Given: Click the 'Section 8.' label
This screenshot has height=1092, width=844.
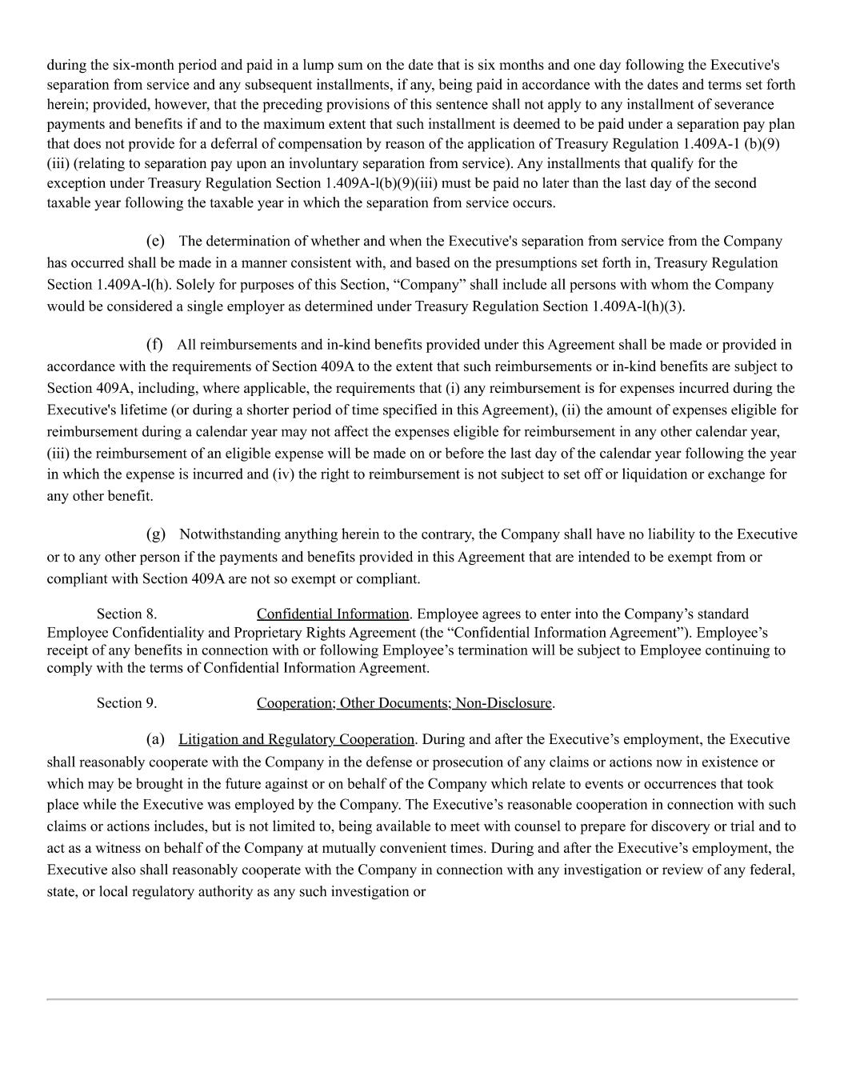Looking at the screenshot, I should point(126,614).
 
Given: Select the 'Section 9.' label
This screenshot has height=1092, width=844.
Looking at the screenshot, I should point(126,703).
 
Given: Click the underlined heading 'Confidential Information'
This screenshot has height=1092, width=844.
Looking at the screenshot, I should point(333,614).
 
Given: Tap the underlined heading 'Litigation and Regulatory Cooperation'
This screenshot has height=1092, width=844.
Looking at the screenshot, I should point(297,739).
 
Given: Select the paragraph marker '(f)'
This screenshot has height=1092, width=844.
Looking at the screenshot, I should point(154,345).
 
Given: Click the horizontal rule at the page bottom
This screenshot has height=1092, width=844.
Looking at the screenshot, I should point(422,999).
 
